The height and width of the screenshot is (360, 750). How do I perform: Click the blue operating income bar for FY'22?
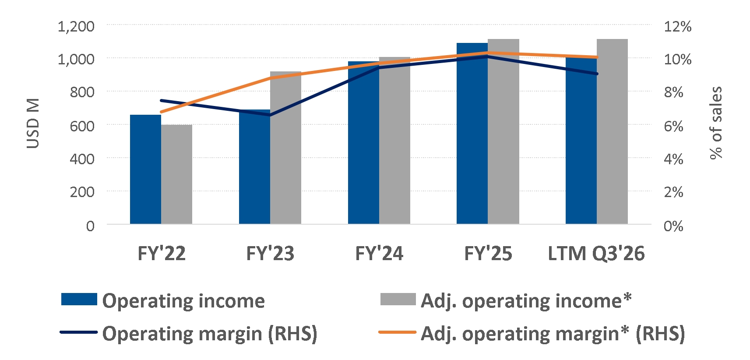coord(146,169)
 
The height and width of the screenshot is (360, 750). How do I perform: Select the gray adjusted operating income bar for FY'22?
coord(177,174)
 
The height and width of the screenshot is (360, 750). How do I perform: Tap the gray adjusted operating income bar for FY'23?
coord(285,148)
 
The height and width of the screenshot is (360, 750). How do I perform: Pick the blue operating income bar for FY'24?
coord(363,143)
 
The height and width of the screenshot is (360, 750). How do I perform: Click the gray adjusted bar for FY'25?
coord(504,131)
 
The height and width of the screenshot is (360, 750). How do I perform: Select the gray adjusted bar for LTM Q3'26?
coord(613,131)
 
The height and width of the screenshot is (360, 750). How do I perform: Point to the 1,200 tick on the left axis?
coord(76,26)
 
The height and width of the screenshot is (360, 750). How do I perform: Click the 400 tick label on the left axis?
coord(82,159)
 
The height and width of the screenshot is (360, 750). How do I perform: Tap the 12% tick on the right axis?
coord(678,26)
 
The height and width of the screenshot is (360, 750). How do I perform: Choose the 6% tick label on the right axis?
coord(673,126)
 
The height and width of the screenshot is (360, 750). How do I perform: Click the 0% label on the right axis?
coord(673,226)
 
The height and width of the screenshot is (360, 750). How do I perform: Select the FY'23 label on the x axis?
coord(270,253)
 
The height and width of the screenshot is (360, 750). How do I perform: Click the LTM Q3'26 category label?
coord(596,254)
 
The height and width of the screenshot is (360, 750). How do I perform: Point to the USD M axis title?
coord(33,123)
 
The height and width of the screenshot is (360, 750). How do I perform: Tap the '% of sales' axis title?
coord(716,123)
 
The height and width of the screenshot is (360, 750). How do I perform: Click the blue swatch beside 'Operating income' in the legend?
coord(79,299)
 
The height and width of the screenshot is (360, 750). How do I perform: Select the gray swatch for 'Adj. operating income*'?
coord(398,299)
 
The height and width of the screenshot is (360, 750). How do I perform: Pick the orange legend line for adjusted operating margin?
coord(398,332)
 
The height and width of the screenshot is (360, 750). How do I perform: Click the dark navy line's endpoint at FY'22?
coord(162,100)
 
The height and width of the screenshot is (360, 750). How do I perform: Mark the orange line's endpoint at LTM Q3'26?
coord(597,57)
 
